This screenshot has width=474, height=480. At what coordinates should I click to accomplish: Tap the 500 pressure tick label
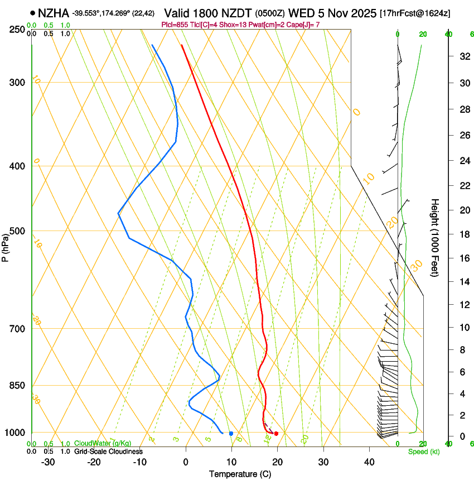coord(17,231)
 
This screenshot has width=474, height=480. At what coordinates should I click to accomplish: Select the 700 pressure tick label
coord(17,329)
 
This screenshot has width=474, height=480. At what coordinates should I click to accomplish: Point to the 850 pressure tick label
coord(17,386)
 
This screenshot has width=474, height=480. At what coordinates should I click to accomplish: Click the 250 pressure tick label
coord(17,30)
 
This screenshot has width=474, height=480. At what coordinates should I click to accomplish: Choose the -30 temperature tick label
coord(48,462)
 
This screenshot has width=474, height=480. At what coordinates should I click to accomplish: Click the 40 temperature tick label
coord(369,462)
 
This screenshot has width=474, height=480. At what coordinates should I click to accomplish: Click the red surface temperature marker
coord(276,434)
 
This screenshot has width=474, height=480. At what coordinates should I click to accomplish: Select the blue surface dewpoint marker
coord(231,434)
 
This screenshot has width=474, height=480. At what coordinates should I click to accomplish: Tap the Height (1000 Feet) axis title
coord(435,237)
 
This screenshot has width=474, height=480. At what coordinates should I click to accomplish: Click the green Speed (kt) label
coord(423,452)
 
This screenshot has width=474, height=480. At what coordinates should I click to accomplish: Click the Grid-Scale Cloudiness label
coord(108,451)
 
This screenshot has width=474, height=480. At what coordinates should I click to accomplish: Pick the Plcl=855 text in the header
coord(175,25)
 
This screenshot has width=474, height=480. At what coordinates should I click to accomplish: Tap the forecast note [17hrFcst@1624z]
coord(415,13)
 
